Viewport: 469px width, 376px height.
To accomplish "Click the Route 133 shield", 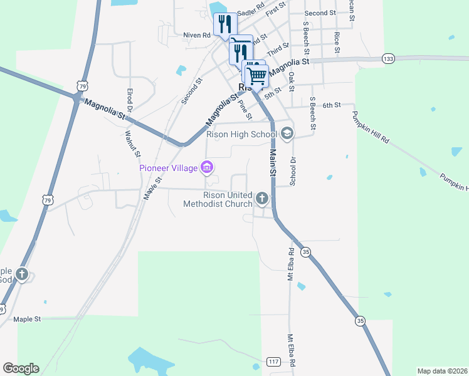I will [388, 58].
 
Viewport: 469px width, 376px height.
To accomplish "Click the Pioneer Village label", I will [168, 167].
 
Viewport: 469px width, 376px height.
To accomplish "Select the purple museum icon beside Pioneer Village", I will [206, 167].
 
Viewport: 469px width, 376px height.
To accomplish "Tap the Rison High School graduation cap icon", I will [287, 133].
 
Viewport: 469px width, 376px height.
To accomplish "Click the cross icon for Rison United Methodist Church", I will [262, 199].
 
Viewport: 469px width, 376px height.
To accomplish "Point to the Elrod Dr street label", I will [130, 100].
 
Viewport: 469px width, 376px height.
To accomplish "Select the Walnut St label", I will [132, 143].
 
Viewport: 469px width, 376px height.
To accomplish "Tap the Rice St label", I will [337, 41].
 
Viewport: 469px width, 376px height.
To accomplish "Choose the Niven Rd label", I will [197, 35].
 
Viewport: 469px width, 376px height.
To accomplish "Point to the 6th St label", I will [331, 105].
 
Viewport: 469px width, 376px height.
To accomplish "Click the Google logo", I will [21, 368].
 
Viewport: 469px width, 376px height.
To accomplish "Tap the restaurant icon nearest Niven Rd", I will [224, 24].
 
